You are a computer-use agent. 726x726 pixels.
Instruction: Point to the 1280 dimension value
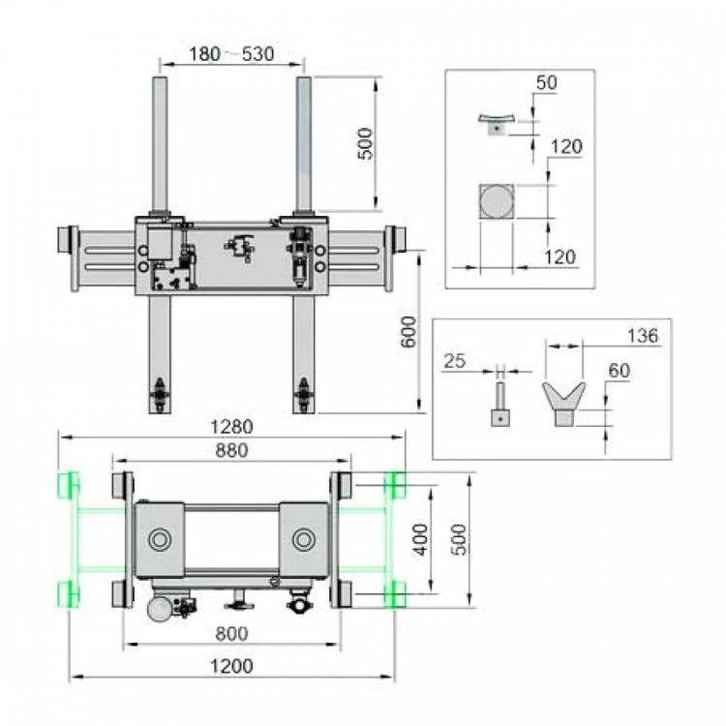(232, 427)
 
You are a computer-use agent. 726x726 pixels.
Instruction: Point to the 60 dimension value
(620, 370)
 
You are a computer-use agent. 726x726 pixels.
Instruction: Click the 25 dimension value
(454, 361)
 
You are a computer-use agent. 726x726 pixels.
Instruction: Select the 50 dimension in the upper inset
(546, 83)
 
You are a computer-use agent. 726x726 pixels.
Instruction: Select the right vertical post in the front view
(303, 145)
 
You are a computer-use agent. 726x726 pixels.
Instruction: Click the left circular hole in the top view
(160, 538)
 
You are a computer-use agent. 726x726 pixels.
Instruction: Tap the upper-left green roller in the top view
(70, 483)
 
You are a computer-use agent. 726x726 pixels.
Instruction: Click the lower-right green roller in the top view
(394, 592)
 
